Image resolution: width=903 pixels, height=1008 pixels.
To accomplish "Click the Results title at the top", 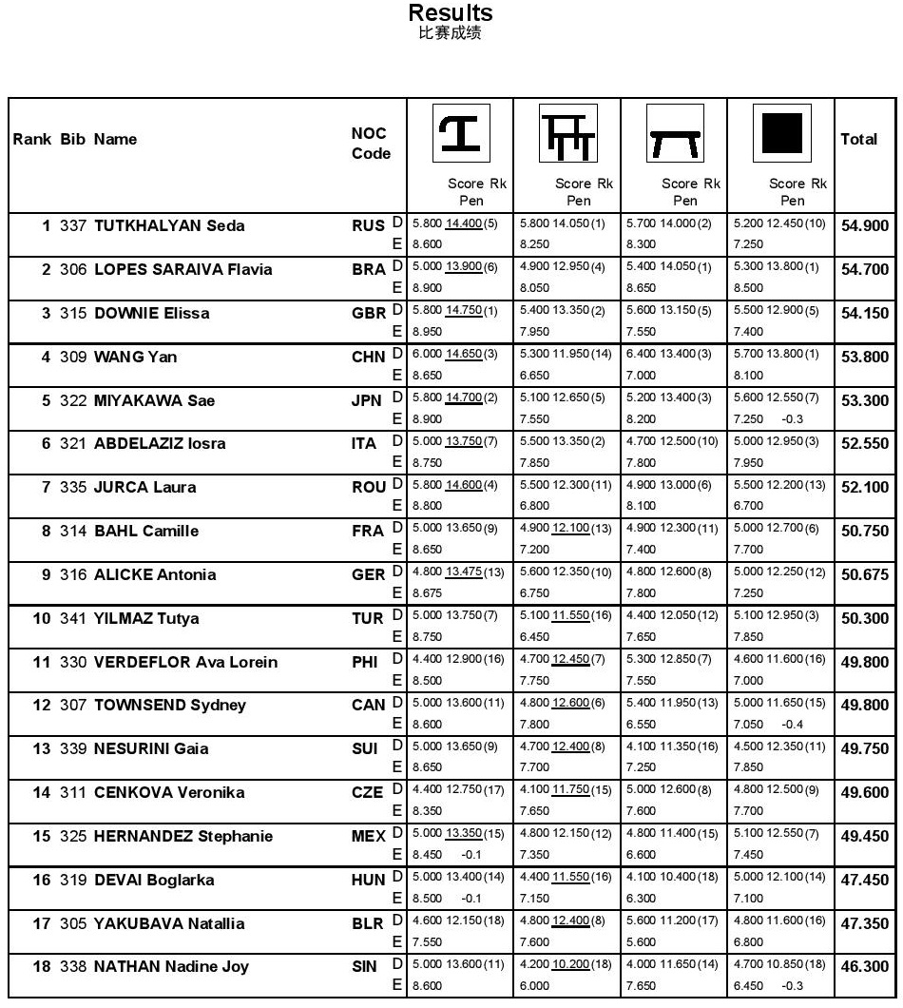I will [x=450, y=13].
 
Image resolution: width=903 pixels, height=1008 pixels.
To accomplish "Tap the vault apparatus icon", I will [x=461, y=133].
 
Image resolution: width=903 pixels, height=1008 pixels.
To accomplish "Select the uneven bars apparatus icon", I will [x=568, y=133].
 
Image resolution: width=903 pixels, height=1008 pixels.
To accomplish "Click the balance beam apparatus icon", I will [x=675, y=133].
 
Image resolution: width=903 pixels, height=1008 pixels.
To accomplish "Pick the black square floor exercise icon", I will [x=781, y=133].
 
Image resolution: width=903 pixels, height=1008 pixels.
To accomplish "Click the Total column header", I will [x=858, y=139].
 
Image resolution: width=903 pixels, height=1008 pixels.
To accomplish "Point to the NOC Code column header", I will [x=371, y=144].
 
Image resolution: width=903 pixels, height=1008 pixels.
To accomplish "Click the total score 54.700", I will [x=864, y=270].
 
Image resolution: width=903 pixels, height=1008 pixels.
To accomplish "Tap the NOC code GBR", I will [x=369, y=313].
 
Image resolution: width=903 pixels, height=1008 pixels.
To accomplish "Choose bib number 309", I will [x=73, y=357].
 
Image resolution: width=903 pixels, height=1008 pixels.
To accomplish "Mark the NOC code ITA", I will [x=365, y=443].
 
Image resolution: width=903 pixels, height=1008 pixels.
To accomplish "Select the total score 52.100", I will [x=864, y=488].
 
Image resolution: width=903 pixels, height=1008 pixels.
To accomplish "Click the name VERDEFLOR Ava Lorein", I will [x=185, y=662].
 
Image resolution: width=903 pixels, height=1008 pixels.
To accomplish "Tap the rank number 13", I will [x=42, y=748].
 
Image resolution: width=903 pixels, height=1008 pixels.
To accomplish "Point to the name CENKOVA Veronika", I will [x=169, y=792].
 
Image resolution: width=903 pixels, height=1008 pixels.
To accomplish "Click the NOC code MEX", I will [x=368, y=836].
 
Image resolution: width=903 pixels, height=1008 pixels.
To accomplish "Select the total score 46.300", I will [x=864, y=967].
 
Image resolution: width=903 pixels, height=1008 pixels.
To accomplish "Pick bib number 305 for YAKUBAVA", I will [x=73, y=923].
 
